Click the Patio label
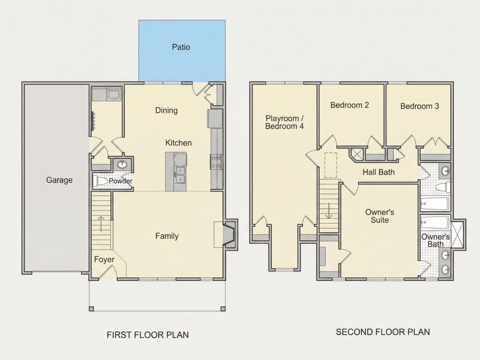click(181, 47)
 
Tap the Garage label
click(59, 180)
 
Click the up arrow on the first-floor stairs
click(101, 224)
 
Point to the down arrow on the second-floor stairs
click(329, 211)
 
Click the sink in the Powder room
click(123, 165)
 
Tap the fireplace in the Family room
click(229, 234)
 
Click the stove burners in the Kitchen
click(216, 162)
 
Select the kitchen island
click(176, 172)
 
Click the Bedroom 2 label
click(350, 105)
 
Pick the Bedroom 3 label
click(419, 106)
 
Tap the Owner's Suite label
click(380, 216)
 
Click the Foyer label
click(104, 260)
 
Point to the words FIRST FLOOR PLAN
click(147, 335)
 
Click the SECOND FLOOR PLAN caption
click(383, 332)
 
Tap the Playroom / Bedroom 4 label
click(285, 122)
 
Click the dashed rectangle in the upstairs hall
click(331, 165)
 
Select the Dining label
click(166, 110)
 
